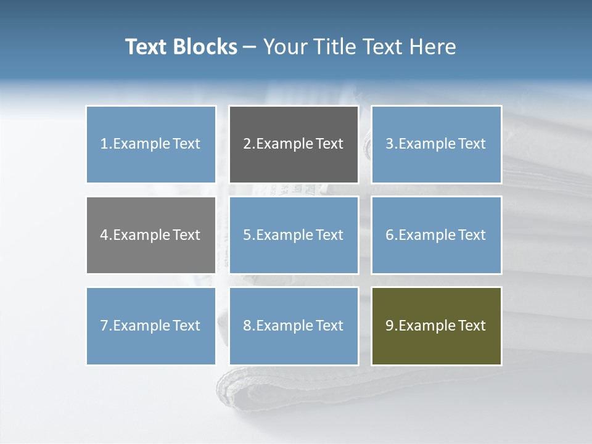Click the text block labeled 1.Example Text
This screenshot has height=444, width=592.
coord(150,144)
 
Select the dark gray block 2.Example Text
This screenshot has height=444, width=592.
coord(294,144)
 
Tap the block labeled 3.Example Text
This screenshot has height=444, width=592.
coord(436,144)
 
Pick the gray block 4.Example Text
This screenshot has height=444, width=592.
coord(150,235)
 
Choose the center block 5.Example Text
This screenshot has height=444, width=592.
coord(294,235)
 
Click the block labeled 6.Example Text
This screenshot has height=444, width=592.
coord(436,235)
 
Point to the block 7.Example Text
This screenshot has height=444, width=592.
coord(150,326)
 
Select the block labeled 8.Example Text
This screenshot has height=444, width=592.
coord(294,326)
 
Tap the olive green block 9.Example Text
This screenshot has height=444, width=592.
coord(436,326)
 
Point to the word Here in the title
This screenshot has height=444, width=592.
coord(434,47)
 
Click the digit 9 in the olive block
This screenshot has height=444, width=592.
coord(389,326)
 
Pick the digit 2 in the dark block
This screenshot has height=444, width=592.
coord(247,144)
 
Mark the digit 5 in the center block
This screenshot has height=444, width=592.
coord(247,235)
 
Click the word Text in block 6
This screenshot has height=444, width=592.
coord(472,235)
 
